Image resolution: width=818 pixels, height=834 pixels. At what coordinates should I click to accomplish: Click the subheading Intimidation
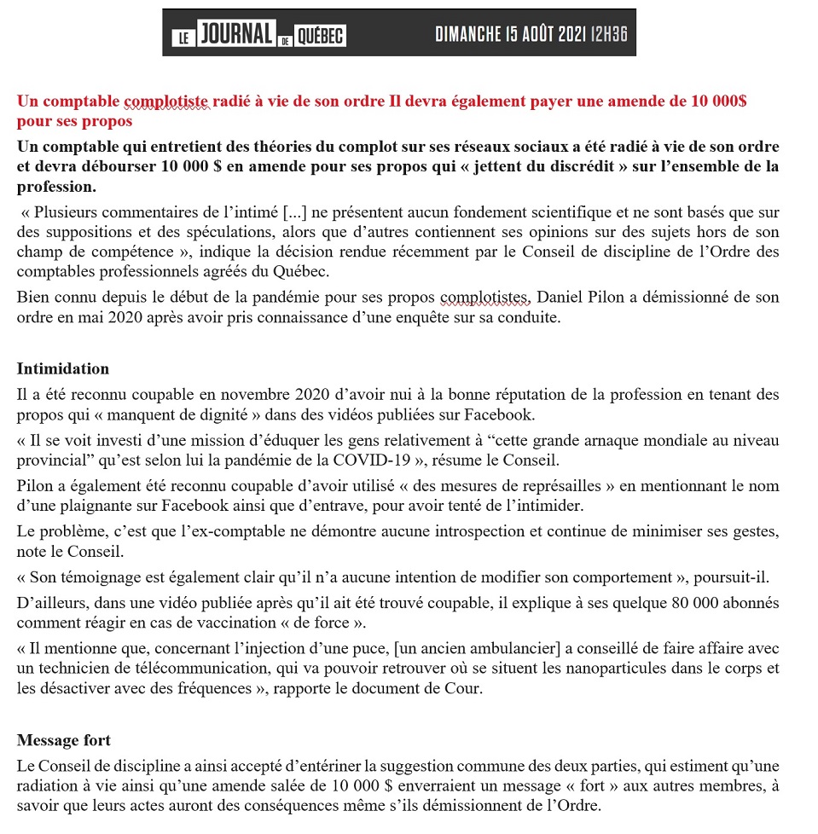point(63,368)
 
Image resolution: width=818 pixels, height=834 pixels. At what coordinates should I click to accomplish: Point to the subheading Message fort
point(64,739)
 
